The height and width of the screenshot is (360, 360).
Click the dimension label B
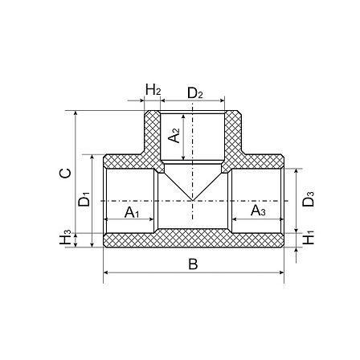click(193, 264)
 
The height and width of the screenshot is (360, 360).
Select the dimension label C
click(65, 173)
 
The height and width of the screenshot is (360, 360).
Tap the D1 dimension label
click(84, 199)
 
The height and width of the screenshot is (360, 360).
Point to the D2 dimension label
click(195, 93)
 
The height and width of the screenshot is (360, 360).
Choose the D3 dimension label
click(308, 198)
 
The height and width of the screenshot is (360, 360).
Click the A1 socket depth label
click(132, 212)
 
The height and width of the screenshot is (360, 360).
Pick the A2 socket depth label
click(174, 135)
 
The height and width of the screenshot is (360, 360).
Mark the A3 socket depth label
click(258, 211)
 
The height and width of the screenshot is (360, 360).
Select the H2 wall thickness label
click(153, 89)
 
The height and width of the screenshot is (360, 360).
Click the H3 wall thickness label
click(65, 237)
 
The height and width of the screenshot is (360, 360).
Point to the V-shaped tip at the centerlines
click(193, 200)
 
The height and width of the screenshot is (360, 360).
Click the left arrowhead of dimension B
click(105, 272)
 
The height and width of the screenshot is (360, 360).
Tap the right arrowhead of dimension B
click(281, 272)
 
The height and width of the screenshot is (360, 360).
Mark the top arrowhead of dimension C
click(76, 112)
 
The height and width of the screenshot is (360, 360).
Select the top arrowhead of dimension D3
click(296, 171)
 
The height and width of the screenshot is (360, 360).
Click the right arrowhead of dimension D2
click(222, 100)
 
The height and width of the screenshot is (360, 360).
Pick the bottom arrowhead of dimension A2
click(183, 158)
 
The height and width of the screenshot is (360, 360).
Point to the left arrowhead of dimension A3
click(234, 219)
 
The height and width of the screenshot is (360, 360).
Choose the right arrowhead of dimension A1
click(152, 219)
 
